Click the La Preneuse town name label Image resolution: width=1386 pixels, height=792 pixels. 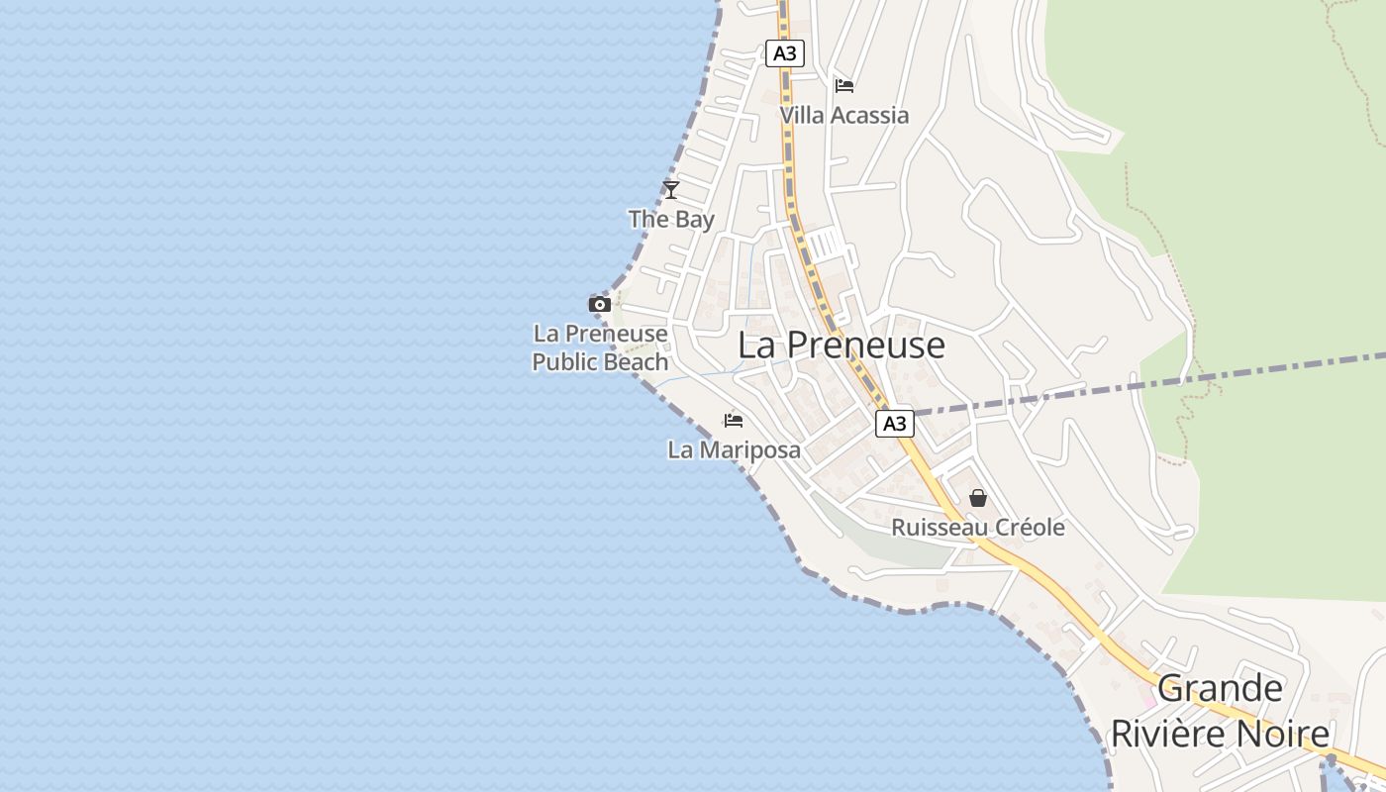[841, 346]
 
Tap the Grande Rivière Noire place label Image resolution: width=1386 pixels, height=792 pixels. [1220, 711]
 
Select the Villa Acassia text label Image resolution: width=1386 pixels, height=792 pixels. [843, 115]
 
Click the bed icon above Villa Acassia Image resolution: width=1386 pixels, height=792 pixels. [844, 86]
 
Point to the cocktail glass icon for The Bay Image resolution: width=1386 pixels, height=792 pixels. [671, 189]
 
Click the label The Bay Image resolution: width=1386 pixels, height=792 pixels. [671, 219]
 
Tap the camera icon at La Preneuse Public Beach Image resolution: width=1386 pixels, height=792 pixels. [600, 304]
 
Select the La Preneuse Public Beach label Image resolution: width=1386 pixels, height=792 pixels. [600, 347]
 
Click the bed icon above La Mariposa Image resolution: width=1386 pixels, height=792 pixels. [734, 421]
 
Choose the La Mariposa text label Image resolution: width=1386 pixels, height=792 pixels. [734, 449]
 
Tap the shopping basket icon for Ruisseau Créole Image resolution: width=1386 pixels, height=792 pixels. [978, 498]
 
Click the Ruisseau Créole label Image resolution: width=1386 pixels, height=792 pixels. [978, 527]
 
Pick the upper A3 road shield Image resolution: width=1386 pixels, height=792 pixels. [784, 53]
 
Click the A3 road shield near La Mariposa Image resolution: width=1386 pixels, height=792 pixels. [894, 425]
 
